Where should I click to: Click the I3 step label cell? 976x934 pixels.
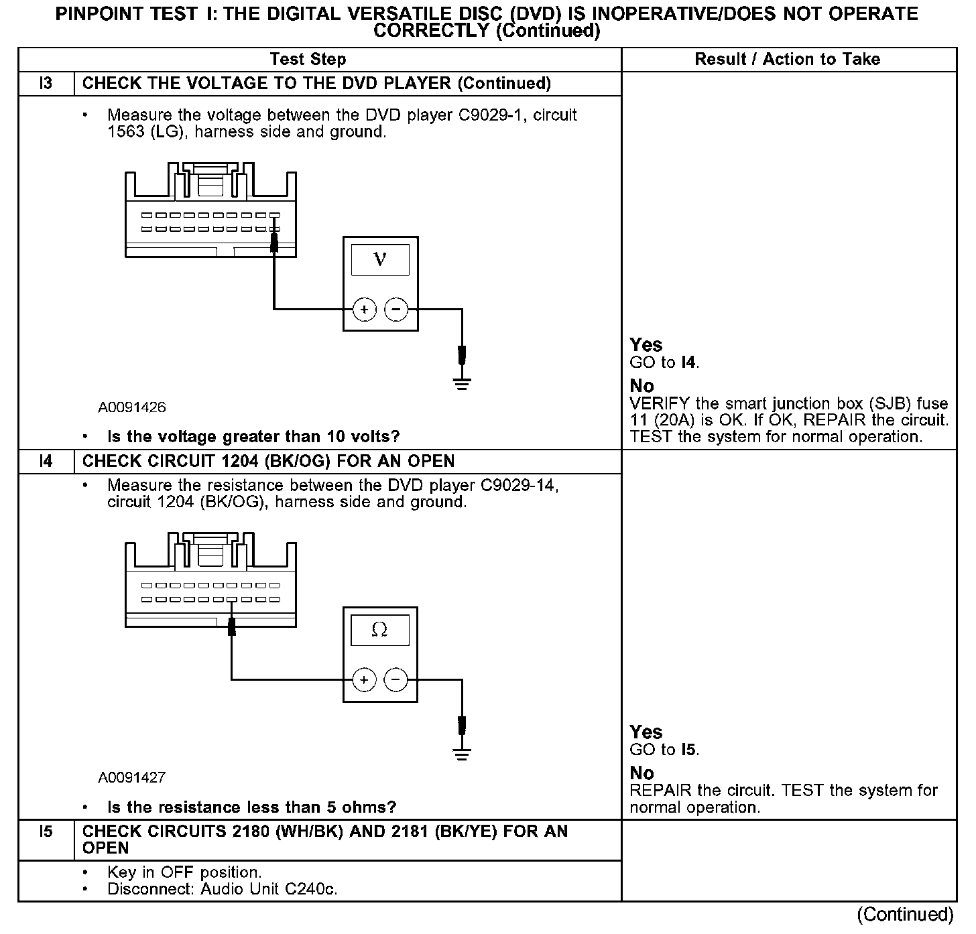point(46,84)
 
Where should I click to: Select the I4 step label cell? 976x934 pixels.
point(46,462)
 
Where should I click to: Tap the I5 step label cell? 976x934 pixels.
point(46,832)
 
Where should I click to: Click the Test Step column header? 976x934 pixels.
point(308,60)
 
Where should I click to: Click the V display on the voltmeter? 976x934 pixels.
point(380,259)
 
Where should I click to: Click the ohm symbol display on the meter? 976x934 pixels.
point(379,630)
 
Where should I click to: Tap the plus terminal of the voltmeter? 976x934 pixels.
point(365,310)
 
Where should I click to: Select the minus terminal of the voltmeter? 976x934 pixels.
point(395,310)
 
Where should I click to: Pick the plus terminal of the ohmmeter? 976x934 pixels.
point(364,680)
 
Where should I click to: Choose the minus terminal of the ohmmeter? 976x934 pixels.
point(395,680)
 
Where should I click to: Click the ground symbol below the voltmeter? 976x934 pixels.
point(462,384)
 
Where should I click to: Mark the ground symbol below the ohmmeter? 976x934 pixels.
point(462,754)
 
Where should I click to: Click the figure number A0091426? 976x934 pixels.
point(132,407)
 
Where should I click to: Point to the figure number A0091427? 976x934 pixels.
point(132,778)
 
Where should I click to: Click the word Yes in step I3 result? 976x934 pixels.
point(646,345)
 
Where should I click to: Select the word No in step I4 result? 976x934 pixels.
point(642,773)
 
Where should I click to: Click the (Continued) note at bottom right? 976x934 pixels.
point(904,915)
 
